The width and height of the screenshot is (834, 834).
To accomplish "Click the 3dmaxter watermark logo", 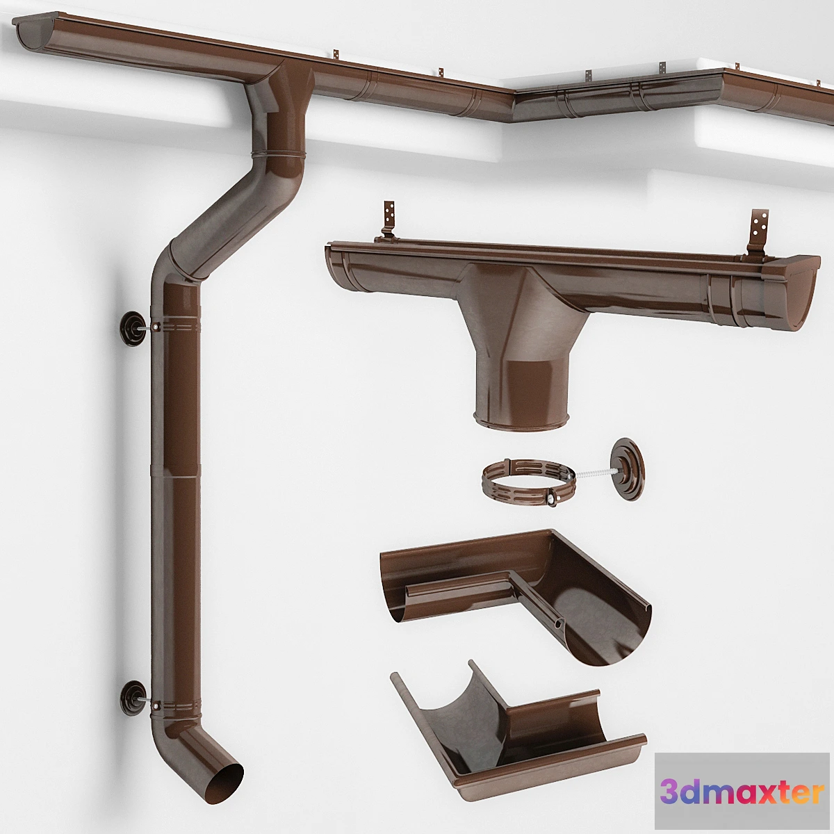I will point(742,792).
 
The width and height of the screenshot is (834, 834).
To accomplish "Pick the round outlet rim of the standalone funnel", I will point(521,419).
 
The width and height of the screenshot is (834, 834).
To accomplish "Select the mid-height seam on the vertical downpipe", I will point(175,476).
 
